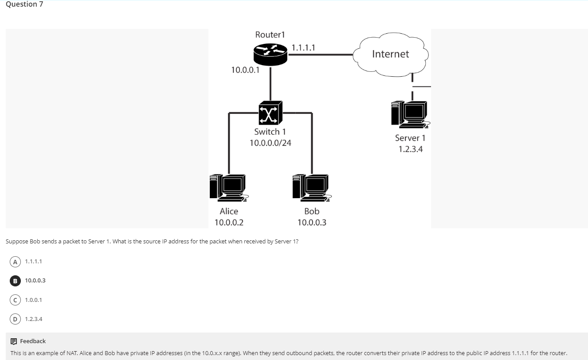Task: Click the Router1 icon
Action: [270, 54]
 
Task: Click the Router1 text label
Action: [270, 35]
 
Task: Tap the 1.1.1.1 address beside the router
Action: [303, 48]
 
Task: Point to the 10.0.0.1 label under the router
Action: [245, 70]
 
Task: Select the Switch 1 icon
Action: [270, 113]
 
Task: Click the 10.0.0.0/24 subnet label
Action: [270, 143]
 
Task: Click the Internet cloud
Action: [390, 54]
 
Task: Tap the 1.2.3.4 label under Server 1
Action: [410, 149]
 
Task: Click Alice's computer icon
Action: [228, 187]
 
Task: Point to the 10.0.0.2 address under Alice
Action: [229, 223]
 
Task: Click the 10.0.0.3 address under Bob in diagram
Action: [312, 223]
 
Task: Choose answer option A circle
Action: [15, 262]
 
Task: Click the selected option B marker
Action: [15, 281]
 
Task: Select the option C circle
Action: [15, 300]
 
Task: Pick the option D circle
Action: [15, 319]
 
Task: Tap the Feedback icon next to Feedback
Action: [14, 341]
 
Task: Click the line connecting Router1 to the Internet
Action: [321, 55]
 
